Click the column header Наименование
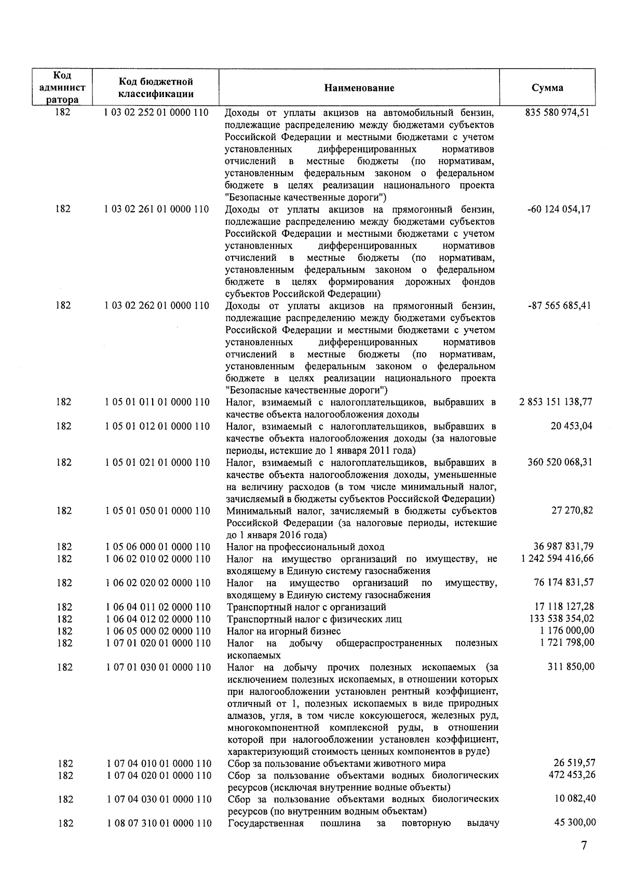359,88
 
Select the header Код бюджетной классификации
156,88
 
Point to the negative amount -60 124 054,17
558,210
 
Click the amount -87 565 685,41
559,306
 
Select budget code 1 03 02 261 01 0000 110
156,210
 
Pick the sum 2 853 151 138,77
556,402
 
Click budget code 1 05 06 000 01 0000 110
158,547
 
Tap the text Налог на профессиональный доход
305,547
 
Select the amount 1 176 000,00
571,631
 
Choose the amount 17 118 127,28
564,607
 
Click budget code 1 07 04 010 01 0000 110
158,764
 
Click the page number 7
584,846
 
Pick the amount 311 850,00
571,667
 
